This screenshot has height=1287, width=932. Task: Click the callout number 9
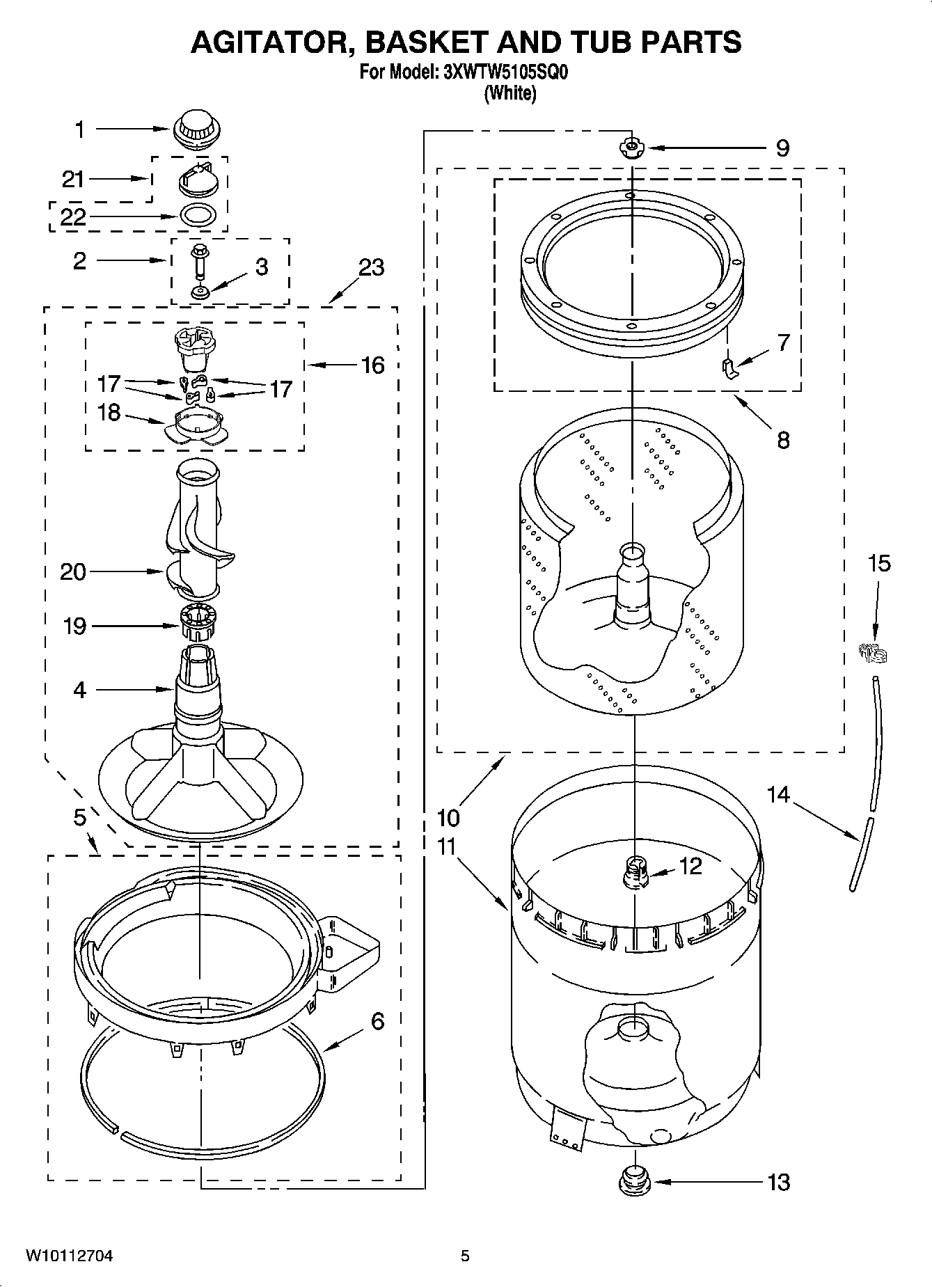(782, 148)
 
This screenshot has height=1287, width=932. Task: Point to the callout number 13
(779, 1181)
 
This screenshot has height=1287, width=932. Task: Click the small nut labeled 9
(631, 148)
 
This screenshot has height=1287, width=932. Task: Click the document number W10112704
(70, 1256)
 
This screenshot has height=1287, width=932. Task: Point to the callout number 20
(73, 572)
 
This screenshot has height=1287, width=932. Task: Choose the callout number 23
(372, 267)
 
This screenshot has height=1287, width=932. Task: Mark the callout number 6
(377, 1021)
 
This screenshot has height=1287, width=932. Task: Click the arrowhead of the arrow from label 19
(179, 626)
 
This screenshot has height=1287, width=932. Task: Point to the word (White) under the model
(510, 93)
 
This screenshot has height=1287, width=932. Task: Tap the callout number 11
(446, 846)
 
